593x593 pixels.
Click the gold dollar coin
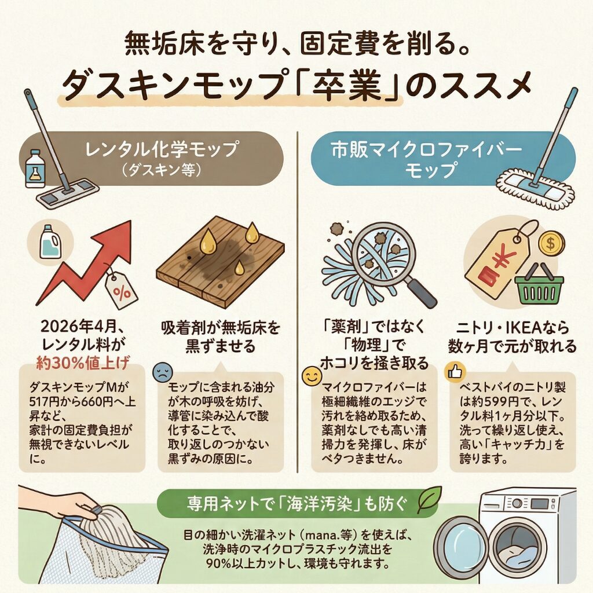[x=551, y=244]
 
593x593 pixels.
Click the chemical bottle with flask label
[x=34, y=169]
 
